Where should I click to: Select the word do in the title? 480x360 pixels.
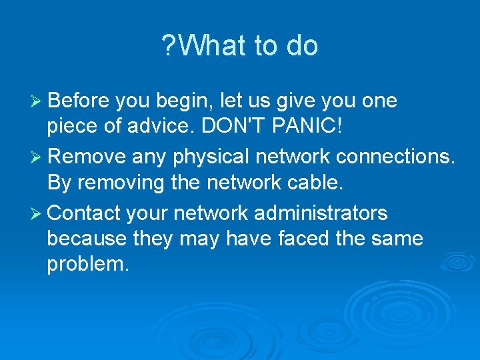(302, 46)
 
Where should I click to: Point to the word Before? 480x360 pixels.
(79, 101)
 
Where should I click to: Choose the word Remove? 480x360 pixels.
(87, 157)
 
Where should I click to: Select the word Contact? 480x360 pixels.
(83, 213)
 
